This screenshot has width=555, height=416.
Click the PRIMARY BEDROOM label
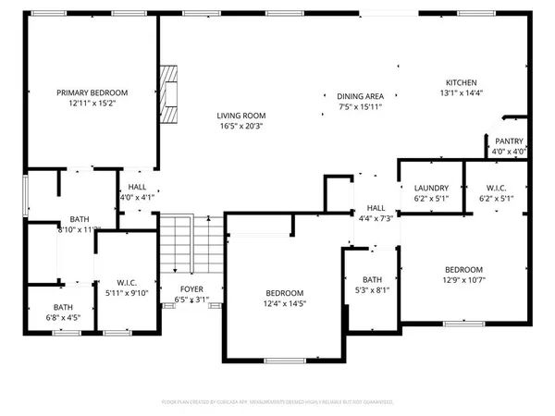tap(92, 92)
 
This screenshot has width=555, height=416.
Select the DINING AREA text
tap(360, 96)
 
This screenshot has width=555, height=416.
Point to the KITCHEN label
tap(461, 81)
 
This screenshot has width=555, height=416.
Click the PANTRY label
tap(509, 141)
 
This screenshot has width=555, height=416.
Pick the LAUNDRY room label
tap(431, 187)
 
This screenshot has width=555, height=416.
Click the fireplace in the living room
tap(168, 93)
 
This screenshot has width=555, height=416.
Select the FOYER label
tap(191, 288)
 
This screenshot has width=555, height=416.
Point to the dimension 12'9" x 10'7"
tap(463, 280)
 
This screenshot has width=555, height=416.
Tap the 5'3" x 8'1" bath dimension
tap(372, 289)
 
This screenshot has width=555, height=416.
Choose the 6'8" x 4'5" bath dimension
tap(63, 318)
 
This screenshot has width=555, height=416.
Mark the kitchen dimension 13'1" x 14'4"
tap(461, 92)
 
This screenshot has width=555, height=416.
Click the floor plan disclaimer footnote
tap(277, 403)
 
